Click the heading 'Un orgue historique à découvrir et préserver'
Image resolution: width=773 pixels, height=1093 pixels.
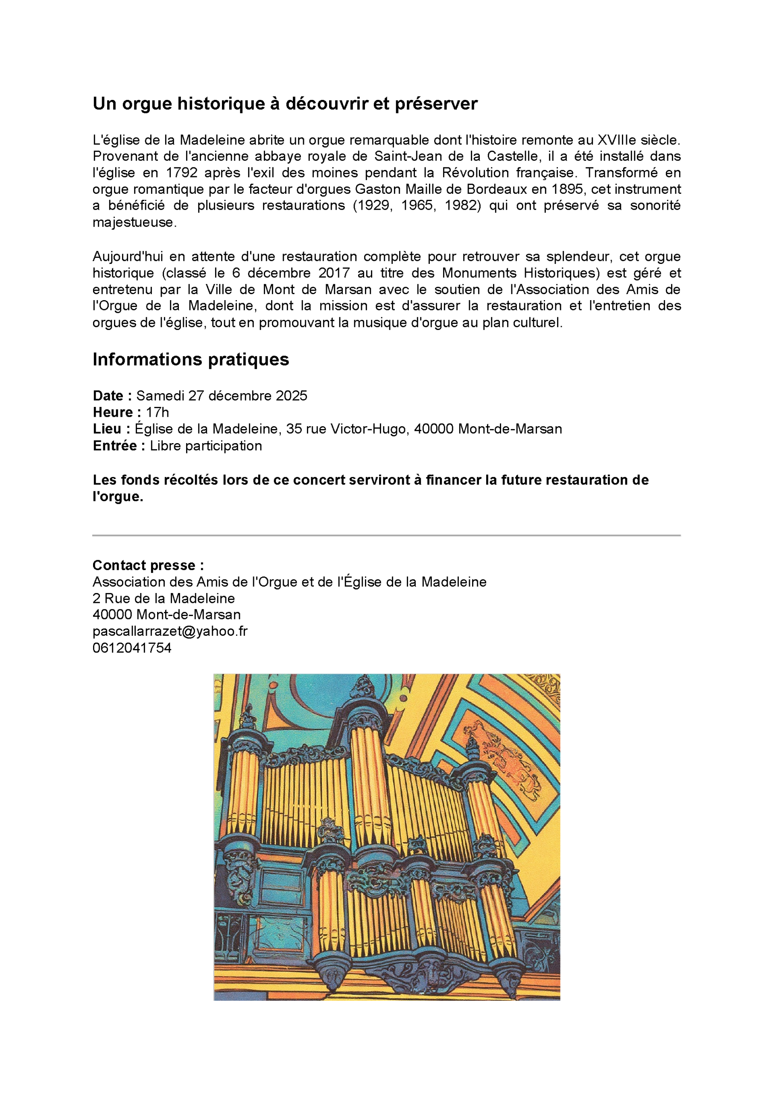(285, 103)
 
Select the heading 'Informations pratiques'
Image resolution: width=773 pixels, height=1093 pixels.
(190, 359)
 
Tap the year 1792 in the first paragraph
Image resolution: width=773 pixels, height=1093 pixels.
(181, 173)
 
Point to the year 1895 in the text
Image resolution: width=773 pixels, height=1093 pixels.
(567, 190)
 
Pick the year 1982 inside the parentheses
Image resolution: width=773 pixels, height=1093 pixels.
(460, 206)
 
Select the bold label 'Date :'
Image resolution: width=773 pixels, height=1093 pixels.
(112, 396)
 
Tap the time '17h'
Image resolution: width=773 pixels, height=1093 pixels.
(157, 412)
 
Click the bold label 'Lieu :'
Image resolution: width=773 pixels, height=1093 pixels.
(111, 429)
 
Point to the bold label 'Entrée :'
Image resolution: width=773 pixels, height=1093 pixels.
(119, 446)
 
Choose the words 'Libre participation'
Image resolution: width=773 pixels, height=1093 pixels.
(206, 446)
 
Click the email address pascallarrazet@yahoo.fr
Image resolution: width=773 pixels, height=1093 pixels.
(170, 631)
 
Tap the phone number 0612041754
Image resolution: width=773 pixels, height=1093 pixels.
(132, 648)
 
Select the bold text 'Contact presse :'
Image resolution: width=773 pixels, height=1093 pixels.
(148, 565)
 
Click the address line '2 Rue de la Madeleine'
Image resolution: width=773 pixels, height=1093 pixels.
(163, 599)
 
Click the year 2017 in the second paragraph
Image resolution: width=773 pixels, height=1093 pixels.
(334, 273)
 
